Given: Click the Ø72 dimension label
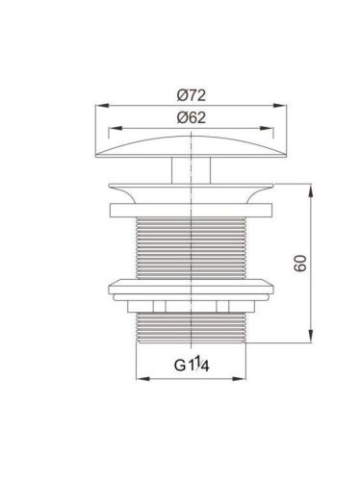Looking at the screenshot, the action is click(x=191, y=95).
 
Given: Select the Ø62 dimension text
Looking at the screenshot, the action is click(x=191, y=117).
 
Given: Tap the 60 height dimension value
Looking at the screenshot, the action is click(x=300, y=264).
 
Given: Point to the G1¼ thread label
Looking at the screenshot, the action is click(x=192, y=365).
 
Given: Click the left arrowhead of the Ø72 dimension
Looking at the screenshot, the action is click(x=103, y=106).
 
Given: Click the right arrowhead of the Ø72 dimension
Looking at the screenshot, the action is click(x=279, y=106).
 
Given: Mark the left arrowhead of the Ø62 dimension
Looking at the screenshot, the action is click(x=116, y=128).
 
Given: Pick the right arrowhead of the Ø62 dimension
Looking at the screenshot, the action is click(x=267, y=128).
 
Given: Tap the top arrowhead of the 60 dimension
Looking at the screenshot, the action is click(x=311, y=191).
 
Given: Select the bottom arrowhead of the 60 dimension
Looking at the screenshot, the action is click(x=311, y=336).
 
